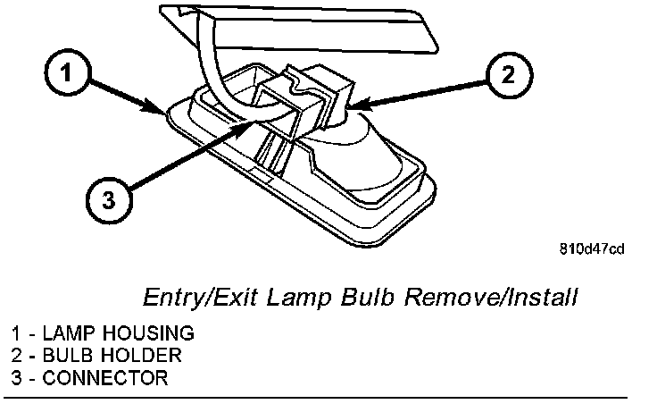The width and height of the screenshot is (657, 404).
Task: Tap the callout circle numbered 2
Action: coord(506,74)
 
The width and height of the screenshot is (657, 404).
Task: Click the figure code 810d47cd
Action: coord(592,248)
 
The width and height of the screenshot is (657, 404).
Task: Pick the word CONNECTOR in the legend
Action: coord(105,377)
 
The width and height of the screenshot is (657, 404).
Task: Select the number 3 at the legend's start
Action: coord(8,377)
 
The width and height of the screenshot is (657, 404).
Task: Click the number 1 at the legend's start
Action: coord(8,333)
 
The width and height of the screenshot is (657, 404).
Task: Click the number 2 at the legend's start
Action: coord(8,355)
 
